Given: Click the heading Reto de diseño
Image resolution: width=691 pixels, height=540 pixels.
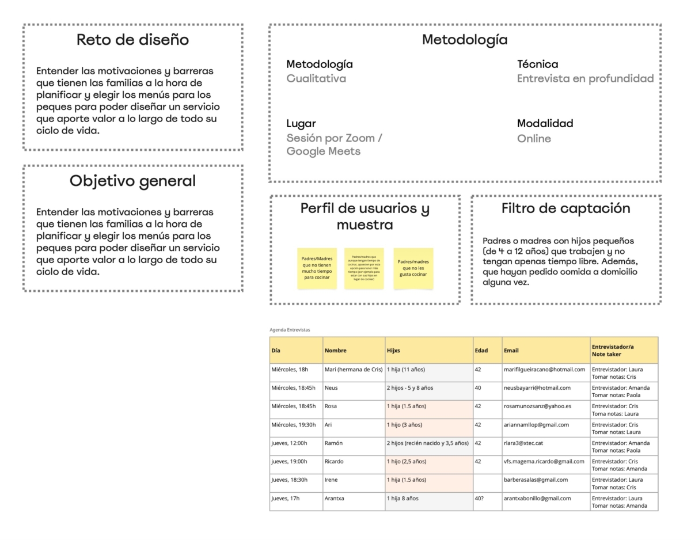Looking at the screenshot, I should point(132,40).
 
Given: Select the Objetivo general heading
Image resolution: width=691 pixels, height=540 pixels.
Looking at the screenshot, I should point(132,181).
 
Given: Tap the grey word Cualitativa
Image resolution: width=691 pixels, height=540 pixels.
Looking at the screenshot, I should point(316,79).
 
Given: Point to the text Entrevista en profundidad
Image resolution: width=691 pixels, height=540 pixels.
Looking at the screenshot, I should point(585,79).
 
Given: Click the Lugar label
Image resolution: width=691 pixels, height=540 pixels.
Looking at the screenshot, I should point(301,123).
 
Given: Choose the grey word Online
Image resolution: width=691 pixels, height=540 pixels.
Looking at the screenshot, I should point(533,139).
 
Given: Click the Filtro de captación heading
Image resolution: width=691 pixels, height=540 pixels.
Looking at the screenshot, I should point(565,208).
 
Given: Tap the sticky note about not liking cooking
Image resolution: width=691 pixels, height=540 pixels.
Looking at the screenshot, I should point(413,268).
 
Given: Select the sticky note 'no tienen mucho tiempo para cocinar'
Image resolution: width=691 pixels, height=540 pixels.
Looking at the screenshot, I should point(317,268).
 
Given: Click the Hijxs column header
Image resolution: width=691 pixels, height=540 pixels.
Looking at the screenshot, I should point(393,350).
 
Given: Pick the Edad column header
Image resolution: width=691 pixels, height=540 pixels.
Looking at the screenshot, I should point(481,350).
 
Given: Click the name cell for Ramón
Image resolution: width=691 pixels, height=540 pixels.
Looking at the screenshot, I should point(333,443).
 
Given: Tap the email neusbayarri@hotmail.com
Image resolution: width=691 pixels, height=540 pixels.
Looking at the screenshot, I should point(537,388).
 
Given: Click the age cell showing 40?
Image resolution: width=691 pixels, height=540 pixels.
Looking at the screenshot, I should point(480,499).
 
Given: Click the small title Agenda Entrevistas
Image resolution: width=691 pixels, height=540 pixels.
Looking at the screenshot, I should point(290,330).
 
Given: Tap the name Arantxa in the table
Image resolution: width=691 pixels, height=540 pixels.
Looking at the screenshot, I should point(335,499).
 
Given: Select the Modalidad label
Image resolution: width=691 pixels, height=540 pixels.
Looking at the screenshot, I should point(545,123).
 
